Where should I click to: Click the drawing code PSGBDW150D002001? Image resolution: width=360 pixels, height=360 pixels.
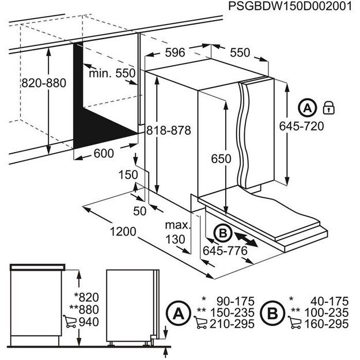click(x=289, y=7)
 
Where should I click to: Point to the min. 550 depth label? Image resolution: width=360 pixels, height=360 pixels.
click(x=112, y=74)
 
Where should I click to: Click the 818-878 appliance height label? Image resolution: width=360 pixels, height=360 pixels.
click(x=168, y=130)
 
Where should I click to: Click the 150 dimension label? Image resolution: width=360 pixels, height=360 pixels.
click(x=128, y=175)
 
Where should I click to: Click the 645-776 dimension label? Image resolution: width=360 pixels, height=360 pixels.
click(x=225, y=251)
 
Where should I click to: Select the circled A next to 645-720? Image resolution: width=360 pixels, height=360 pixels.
click(x=308, y=108)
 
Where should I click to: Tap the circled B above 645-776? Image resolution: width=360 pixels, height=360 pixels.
click(x=221, y=232)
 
